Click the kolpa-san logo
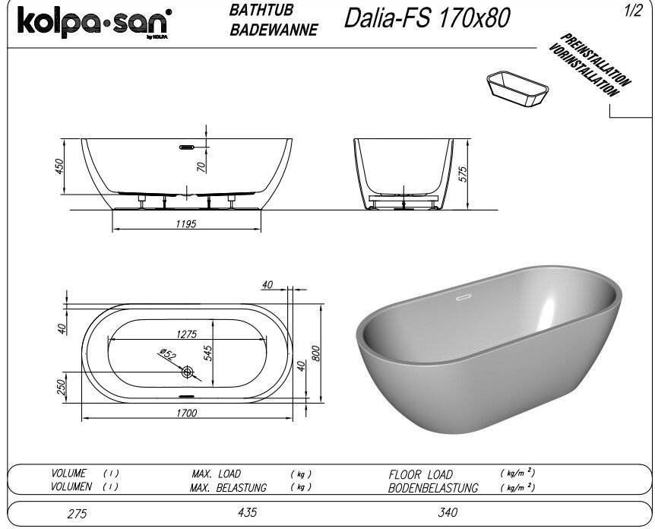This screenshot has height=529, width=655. (94, 23)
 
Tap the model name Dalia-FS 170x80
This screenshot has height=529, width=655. (427, 18)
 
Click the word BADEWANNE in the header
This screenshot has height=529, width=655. (274, 30)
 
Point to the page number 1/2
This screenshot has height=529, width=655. (633, 11)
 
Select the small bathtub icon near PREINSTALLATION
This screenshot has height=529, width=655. (517, 89)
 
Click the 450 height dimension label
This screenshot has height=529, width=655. (59, 166)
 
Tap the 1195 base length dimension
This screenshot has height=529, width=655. (186, 224)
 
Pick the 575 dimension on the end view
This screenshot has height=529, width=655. (463, 174)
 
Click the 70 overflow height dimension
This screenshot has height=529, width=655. (201, 167)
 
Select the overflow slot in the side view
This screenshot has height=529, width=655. (187, 147)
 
